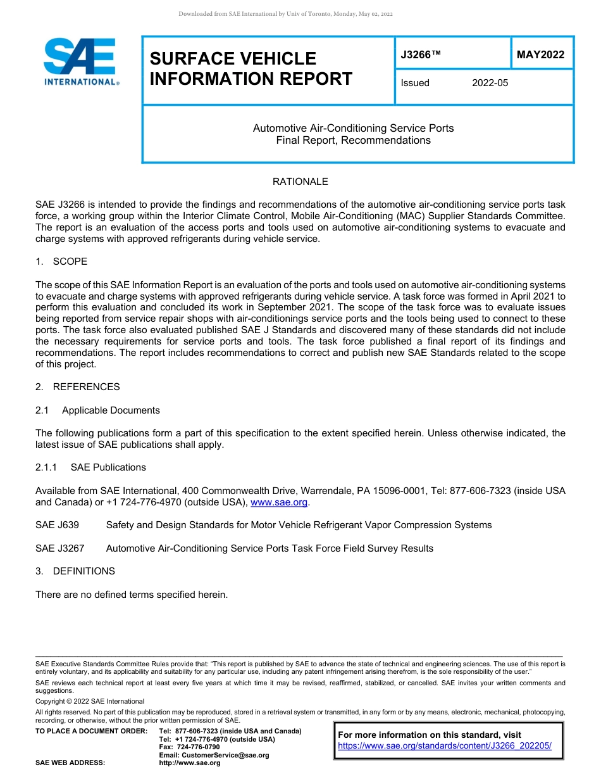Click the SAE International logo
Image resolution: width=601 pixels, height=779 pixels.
[81, 62]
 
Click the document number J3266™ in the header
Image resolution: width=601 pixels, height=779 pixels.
[421, 55]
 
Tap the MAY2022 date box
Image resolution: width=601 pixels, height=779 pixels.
[540, 55]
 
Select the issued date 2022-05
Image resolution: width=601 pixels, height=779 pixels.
[490, 83]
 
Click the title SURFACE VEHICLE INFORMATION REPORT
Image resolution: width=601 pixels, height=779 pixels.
[251, 68]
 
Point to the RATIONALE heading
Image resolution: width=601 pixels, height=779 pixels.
[300, 182]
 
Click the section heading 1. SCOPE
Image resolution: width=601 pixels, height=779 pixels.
[61, 262]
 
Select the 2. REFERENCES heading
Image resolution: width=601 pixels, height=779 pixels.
[77, 387]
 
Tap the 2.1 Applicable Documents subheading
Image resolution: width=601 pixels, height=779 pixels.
[98, 410]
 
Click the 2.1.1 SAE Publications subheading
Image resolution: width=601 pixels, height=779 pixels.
[90, 467]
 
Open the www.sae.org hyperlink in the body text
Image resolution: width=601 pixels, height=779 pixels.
[279, 502]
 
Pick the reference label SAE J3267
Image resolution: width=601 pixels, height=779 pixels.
[59, 548]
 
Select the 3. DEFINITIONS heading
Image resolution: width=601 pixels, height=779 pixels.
[75, 571]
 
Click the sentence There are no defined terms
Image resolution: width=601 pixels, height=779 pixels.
[131, 595]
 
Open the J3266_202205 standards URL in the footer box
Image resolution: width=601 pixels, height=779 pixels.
[445, 746]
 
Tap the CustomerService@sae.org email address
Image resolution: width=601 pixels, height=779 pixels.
[214, 755]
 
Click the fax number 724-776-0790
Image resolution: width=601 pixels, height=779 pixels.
[189, 747]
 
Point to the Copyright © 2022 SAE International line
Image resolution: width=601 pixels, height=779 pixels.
[90, 701]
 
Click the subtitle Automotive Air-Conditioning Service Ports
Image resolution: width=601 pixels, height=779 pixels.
[353, 128]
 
